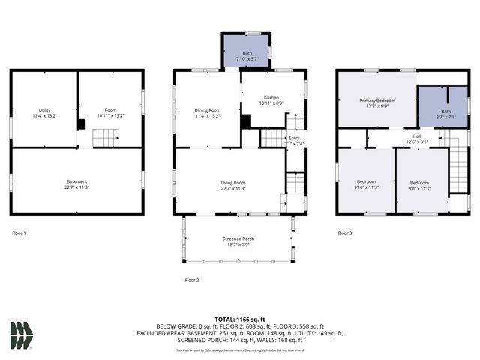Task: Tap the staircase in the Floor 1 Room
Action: pos(106,138)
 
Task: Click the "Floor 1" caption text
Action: pos(19,233)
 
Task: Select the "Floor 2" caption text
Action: pos(192,280)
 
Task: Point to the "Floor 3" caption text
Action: pos(345,233)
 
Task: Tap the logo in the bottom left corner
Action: pos(22,334)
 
